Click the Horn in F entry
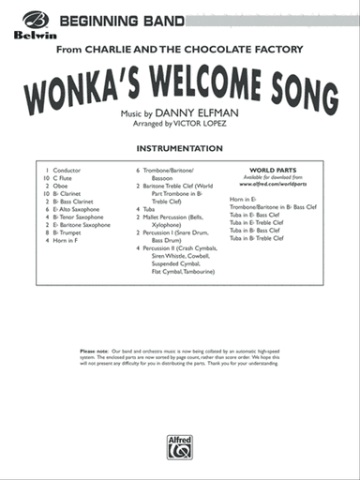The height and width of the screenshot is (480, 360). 68,241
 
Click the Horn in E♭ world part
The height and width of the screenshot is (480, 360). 247,199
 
